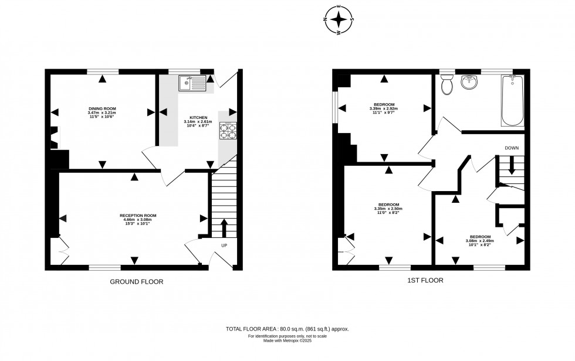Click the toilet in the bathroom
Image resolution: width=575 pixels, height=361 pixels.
coord(447,86)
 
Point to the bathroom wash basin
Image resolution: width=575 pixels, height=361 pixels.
coord(469,83)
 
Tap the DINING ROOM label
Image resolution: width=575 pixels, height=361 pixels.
coord(101,108)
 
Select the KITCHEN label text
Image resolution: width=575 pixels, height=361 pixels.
coord(198,117)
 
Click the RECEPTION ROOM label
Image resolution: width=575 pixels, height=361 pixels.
coord(138,215)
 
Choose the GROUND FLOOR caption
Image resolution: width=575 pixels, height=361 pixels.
coord(136,282)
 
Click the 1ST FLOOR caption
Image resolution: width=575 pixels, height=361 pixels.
coord(425,281)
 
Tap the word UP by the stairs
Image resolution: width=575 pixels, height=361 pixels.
coord(224,245)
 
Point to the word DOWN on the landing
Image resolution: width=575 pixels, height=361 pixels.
coord(512,148)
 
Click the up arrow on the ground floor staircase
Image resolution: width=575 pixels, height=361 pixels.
coord(224,227)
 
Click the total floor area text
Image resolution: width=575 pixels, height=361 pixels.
coord(287,329)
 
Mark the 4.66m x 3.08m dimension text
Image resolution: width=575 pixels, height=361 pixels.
coord(138,220)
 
